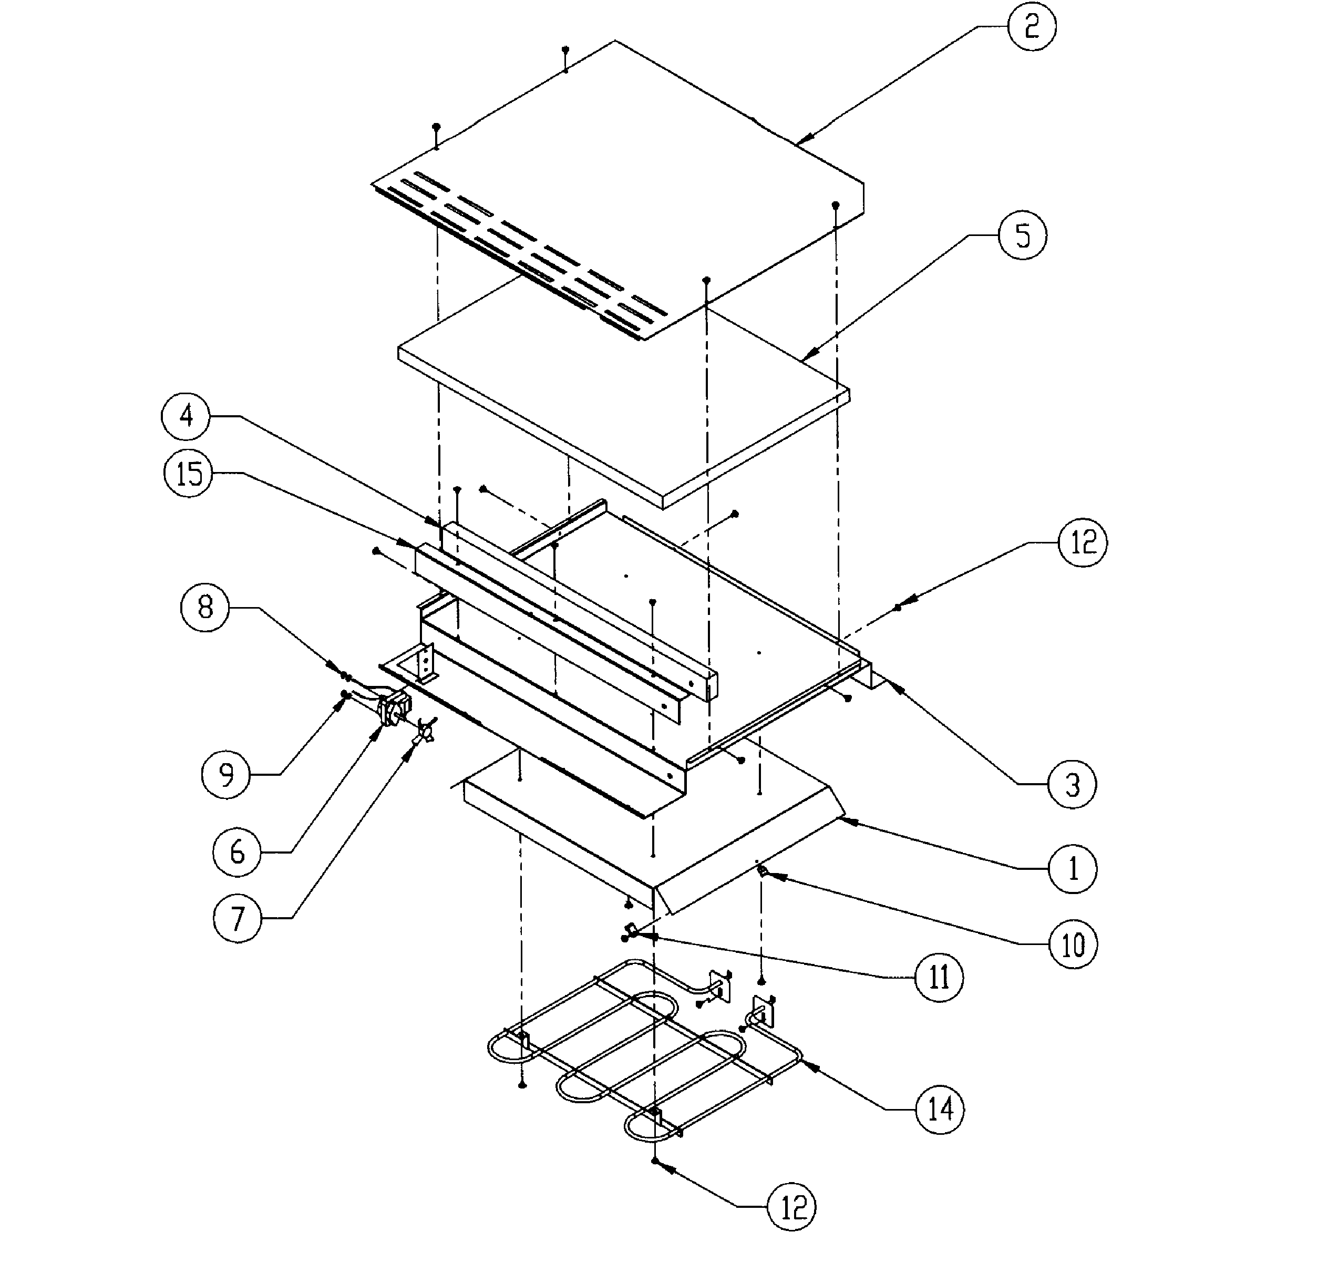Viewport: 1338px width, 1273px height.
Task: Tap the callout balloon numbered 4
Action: click(x=186, y=415)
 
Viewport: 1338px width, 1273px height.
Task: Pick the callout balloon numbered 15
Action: click(x=189, y=473)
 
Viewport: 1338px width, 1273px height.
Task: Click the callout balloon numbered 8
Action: click(x=205, y=607)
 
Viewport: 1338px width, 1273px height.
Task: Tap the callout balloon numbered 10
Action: click(x=1073, y=944)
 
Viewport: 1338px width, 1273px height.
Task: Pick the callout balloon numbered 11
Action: click(x=939, y=977)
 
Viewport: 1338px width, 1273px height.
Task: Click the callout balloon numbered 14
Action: click(x=940, y=1110)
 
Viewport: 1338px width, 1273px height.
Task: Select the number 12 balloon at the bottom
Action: click(x=792, y=1207)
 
